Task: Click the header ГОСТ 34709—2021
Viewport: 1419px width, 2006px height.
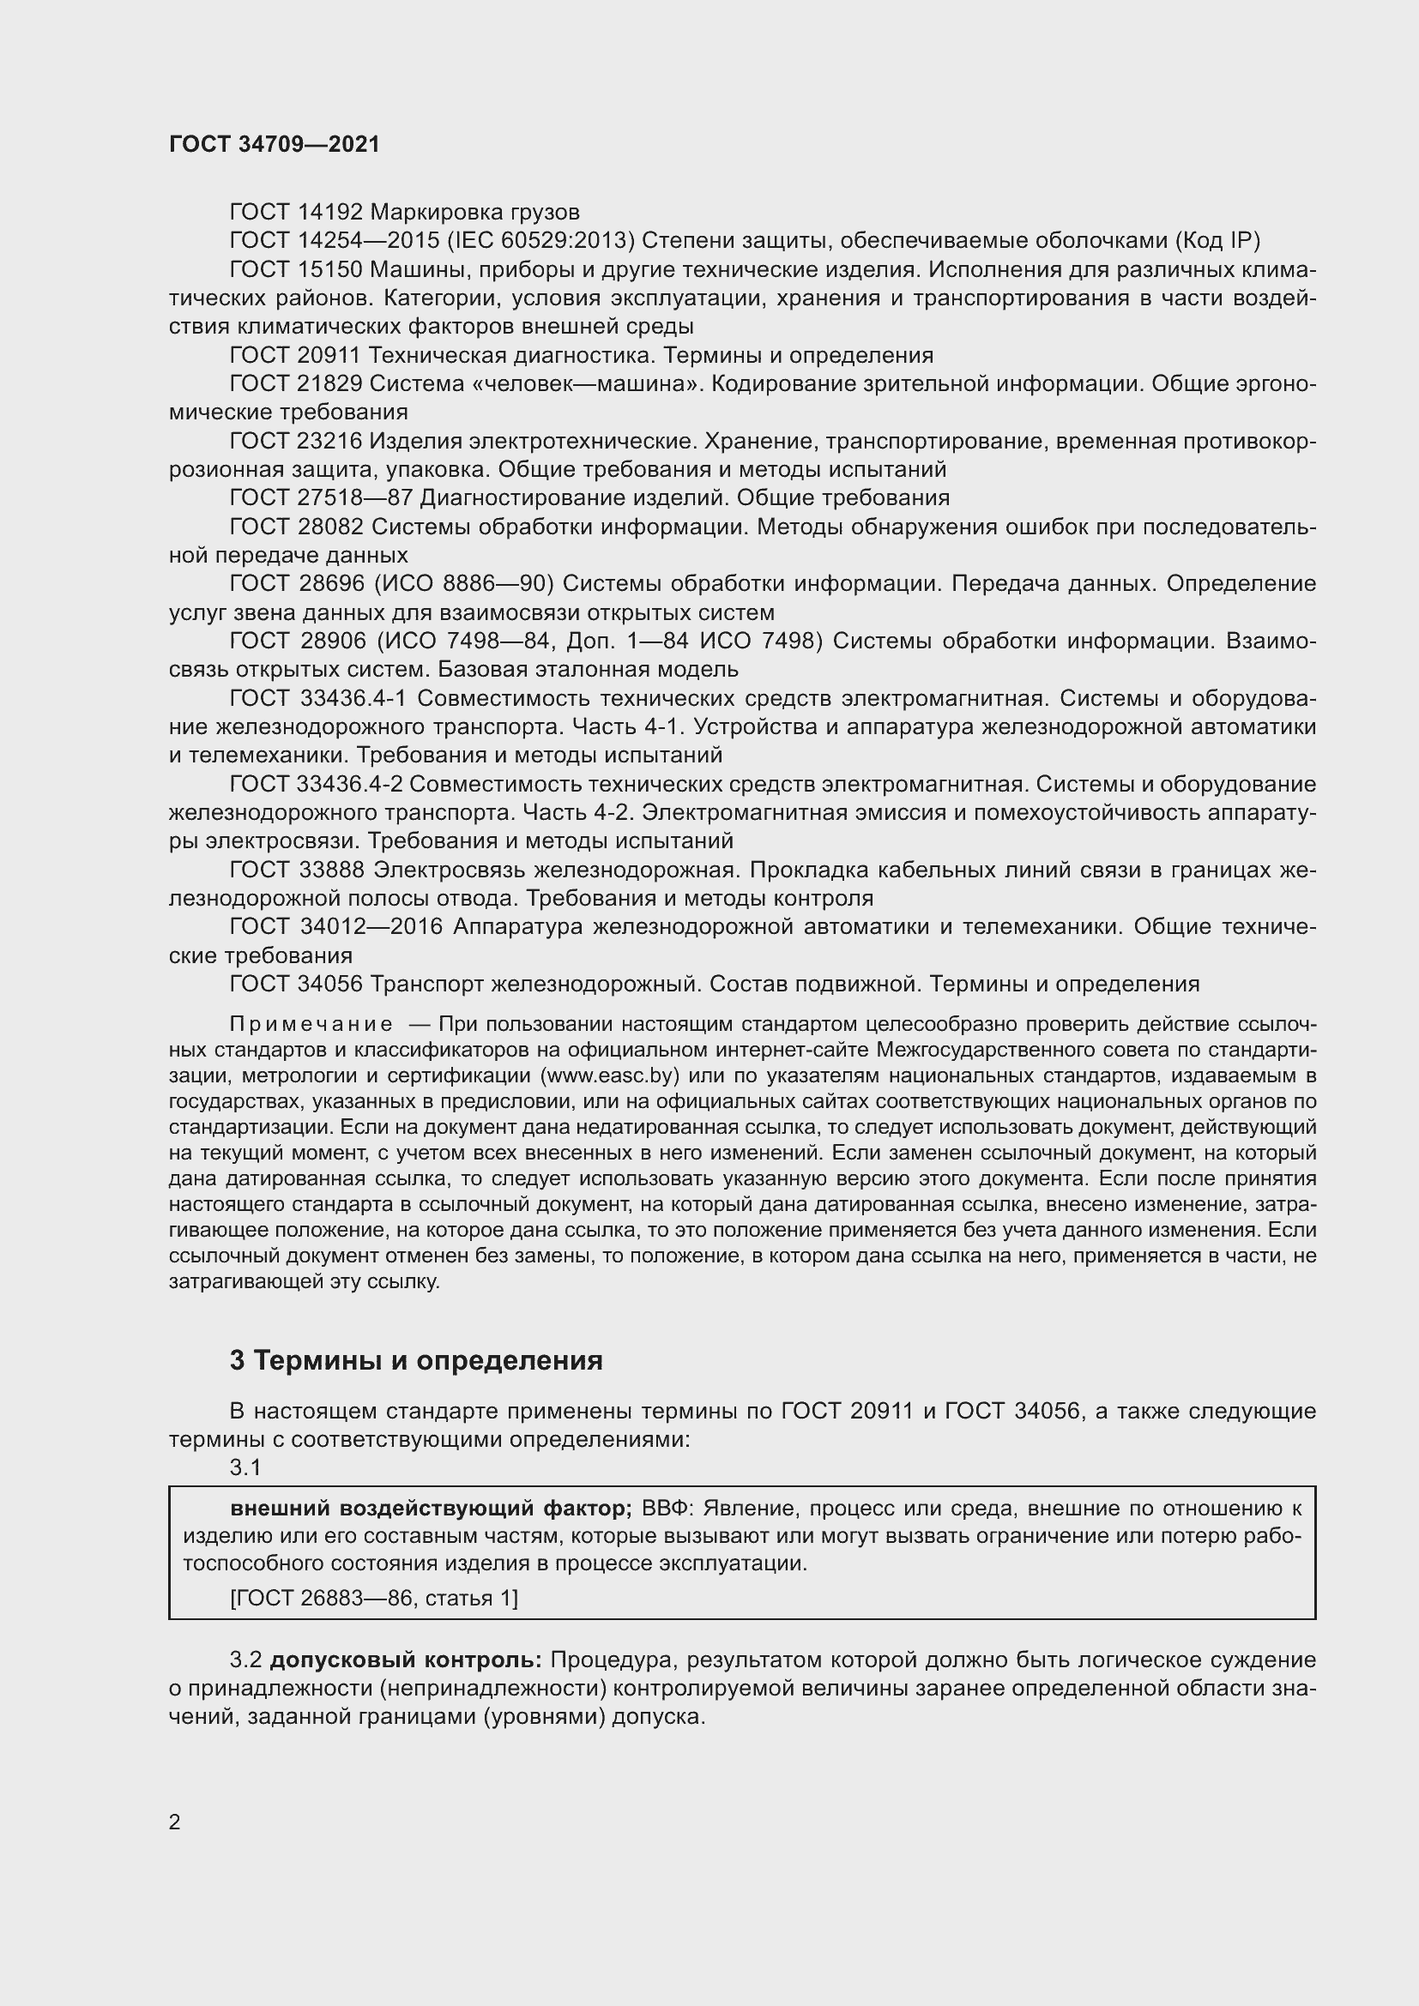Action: point(275,145)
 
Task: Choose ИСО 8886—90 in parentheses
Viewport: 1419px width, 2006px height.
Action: point(488,584)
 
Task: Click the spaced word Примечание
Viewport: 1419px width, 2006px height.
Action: point(311,1024)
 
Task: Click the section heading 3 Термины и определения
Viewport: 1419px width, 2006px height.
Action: point(416,1360)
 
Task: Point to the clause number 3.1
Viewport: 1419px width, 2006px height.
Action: point(245,1467)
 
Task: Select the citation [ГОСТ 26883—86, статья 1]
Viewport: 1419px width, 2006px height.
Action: point(374,1598)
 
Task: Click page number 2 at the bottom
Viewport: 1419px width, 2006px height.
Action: point(175,1822)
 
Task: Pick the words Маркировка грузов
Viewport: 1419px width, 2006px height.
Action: point(474,213)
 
